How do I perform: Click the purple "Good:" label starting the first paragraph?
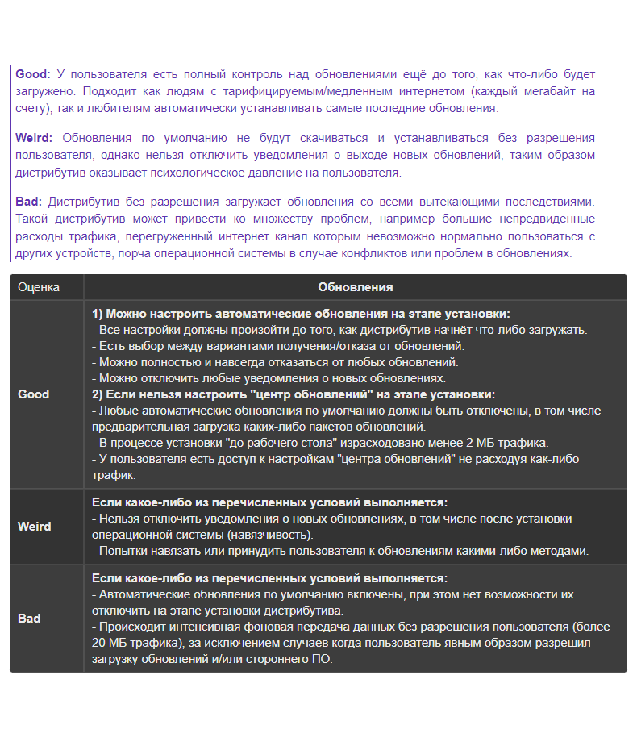point(33,74)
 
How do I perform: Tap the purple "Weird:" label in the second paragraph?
point(35,138)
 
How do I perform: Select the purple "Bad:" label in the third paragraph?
point(29,202)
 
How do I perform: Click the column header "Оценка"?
point(39,287)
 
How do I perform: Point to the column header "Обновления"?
point(356,287)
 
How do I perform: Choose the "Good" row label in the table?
point(34,394)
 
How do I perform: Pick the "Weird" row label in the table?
point(35,527)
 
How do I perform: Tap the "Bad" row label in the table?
point(29,619)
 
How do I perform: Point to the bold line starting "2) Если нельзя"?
point(294,394)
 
